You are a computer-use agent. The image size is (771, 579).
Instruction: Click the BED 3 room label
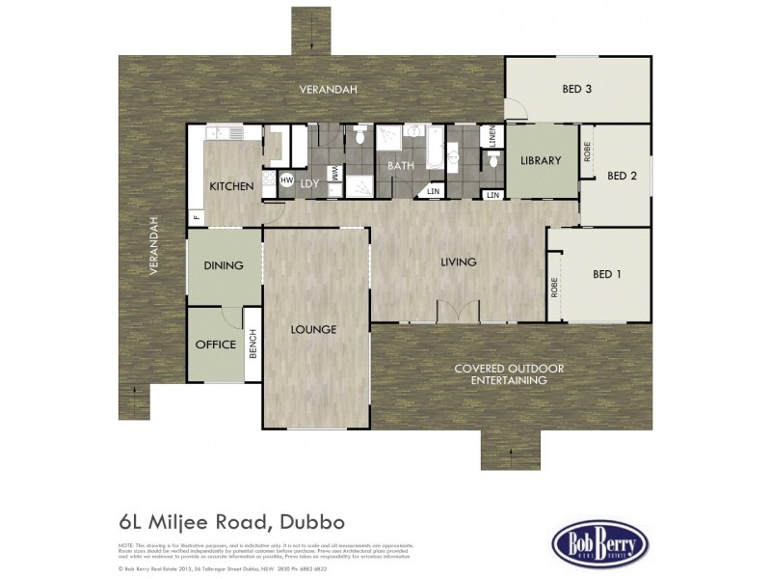[x=576, y=90]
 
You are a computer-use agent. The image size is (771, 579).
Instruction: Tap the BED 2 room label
[x=622, y=176]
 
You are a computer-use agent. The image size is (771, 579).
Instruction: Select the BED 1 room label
[x=606, y=274]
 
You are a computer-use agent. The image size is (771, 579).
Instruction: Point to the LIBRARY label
[x=540, y=161]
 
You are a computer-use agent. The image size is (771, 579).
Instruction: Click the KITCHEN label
[x=231, y=186]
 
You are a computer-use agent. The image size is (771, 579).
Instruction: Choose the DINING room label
[x=223, y=265]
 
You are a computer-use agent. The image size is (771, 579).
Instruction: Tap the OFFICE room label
[x=215, y=345]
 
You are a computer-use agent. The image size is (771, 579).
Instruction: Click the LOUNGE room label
[x=313, y=330]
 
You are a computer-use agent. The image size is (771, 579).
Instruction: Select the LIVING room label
[x=460, y=262]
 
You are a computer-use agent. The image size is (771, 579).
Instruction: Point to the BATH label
[x=400, y=166]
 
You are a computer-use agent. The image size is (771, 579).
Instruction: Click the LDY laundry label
[x=309, y=183]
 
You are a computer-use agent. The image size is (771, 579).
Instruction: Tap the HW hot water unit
[x=286, y=180]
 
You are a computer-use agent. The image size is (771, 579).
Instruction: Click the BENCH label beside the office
[x=253, y=345]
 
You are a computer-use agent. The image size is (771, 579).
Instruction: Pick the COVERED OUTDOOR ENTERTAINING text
[x=509, y=374]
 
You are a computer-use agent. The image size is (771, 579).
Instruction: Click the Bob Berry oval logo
[x=599, y=541]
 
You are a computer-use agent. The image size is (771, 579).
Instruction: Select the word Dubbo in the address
[x=321, y=523]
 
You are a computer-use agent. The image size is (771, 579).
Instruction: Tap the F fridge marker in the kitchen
[x=196, y=216]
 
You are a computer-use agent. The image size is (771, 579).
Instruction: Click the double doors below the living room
[x=458, y=312]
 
